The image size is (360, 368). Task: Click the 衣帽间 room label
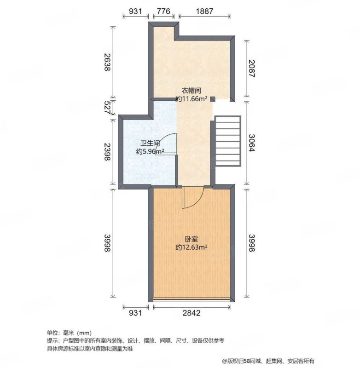[x=192, y=91]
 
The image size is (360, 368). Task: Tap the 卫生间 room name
[x=150, y=143]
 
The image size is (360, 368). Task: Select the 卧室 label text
[x=192, y=239]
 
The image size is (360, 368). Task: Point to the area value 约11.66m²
[x=192, y=99]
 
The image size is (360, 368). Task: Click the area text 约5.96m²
[x=150, y=151]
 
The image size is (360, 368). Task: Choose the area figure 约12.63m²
[x=192, y=247]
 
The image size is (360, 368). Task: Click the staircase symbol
[x=228, y=141]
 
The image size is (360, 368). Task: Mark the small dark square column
[x=213, y=99]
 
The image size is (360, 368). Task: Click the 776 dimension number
[x=163, y=11]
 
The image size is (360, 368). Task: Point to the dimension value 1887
[x=204, y=11]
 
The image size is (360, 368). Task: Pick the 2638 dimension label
[x=107, y=62]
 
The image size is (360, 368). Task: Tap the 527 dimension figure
[x=107, y=108]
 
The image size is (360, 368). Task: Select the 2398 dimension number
[x=107, y=152]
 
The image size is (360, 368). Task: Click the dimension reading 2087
[x=251, y=69]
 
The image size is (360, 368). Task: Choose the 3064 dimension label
[x=251, y=143]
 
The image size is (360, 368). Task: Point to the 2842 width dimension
[x=192, y=313]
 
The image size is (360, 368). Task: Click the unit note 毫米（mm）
[x=77, y=333]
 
